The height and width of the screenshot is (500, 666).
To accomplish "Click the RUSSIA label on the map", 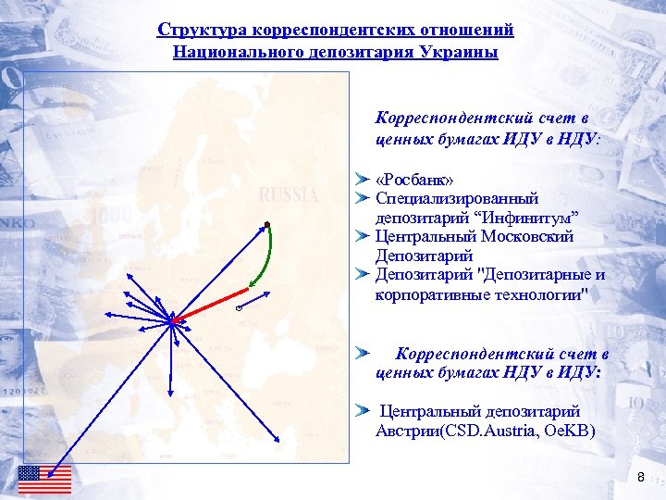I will (289, 195).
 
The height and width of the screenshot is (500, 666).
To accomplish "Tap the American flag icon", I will (44, 479).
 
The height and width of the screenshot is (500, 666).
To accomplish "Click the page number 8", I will (641, 477).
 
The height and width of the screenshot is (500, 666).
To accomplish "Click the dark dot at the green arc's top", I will (265, 225).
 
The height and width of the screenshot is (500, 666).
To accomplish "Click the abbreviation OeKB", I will (571, 431).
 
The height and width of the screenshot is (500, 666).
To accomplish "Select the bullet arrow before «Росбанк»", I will (364, 178).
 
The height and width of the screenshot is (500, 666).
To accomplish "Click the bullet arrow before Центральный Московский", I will (364, 236).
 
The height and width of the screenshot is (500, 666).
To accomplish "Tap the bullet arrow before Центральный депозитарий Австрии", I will (364, 410).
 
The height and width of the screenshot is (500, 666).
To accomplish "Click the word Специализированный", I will (457, 197).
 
